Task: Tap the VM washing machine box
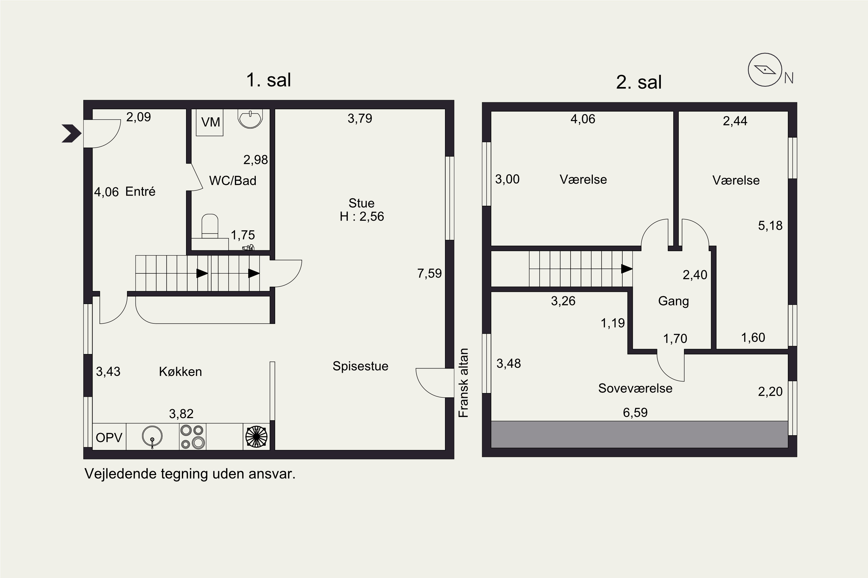coord(209,122)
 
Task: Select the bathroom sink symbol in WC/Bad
coord(250,119)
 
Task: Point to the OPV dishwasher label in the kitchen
coord(109,438)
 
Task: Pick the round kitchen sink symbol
coord(152,436)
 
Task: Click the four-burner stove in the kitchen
coord(193,436)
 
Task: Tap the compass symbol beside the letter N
coord(765,70)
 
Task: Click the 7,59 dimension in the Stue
coord(429,273)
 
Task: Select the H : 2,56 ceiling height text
coord(362,216)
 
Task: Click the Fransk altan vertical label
coord(463,383)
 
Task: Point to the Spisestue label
coord(360,366)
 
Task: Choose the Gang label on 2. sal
coord(674,301)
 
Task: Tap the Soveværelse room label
coord(635,388)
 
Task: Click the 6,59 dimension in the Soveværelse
coord(635,412)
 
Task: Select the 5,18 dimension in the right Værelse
coord(770,226)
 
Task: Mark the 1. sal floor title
coord(269,80)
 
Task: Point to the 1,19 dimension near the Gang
coord(613,323)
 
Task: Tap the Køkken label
coord(181,372)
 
